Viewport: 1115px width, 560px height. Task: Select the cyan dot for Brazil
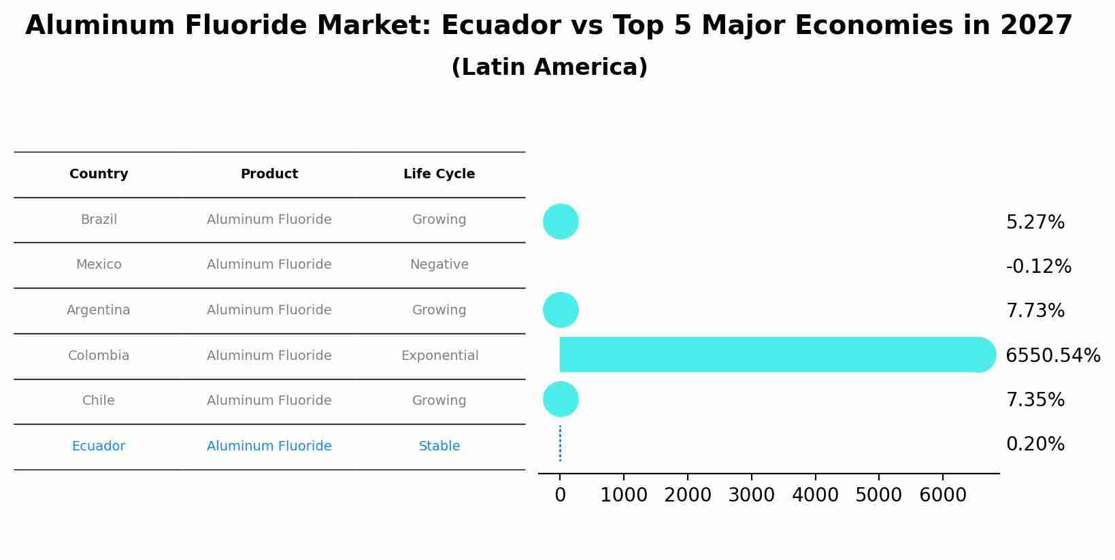(561, 222)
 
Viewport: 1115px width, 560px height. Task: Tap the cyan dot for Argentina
(561, 310)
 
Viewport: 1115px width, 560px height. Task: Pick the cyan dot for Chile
(561, 399)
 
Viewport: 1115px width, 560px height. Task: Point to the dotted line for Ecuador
(560, 444)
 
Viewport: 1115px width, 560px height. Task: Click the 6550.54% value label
(1052, 355)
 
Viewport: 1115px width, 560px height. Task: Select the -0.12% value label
(1038, 267)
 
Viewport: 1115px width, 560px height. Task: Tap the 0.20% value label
(1035, 444)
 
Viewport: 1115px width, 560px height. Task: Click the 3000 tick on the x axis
(751, 495)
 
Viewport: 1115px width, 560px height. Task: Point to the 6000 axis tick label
(942, 495)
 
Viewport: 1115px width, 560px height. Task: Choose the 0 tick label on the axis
(560, 495)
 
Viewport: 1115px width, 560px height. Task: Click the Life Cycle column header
(439, 174)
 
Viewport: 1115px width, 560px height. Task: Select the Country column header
(99, 174)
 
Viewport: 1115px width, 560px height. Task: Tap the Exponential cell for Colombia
(439, 356)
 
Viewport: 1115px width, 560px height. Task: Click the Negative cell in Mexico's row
(439, 265)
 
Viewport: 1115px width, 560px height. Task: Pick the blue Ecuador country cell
(99, 446)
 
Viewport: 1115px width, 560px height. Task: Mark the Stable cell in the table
(439, 446)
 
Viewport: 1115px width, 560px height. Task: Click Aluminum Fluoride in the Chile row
(269, 401)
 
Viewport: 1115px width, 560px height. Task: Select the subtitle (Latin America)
(549, 67)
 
